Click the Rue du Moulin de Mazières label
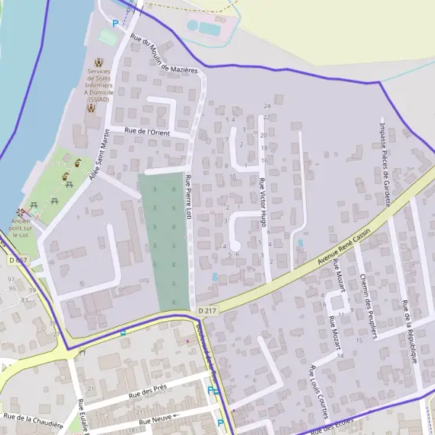coord(164,54)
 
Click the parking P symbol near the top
coord(115,23)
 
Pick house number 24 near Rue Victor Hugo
coord(267,107)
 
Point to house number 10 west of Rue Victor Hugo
coord(233,176)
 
